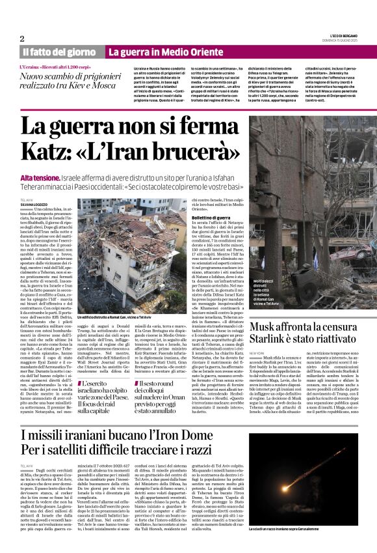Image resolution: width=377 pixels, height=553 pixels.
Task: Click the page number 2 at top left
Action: coord(22,38)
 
